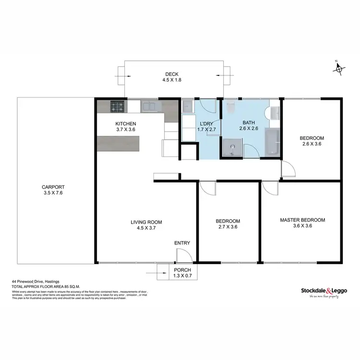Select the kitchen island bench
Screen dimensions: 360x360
point(118,143)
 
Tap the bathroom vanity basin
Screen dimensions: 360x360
point(274,112)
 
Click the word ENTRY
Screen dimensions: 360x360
point(182,243)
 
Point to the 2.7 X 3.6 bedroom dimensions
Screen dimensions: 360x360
point(228,228)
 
